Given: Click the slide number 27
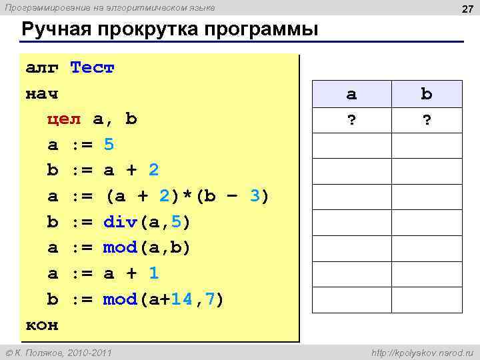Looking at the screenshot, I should coord(467,8).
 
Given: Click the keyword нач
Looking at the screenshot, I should coord(42,93).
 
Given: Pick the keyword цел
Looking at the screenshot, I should coord(64,119).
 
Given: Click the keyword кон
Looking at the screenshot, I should coord(42,325).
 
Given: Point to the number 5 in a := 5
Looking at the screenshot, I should coord(109,145).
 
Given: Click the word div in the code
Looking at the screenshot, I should coord(120,222).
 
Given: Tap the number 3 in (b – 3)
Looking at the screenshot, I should coord(254,196).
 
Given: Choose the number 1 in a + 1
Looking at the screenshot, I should coord(154,273).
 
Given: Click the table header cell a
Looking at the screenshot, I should coord(351,94).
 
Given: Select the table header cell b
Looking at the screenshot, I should coord(426,94).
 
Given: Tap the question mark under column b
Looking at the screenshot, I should coord(426,120).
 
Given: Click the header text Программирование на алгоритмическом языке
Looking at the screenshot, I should coord(110,7).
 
